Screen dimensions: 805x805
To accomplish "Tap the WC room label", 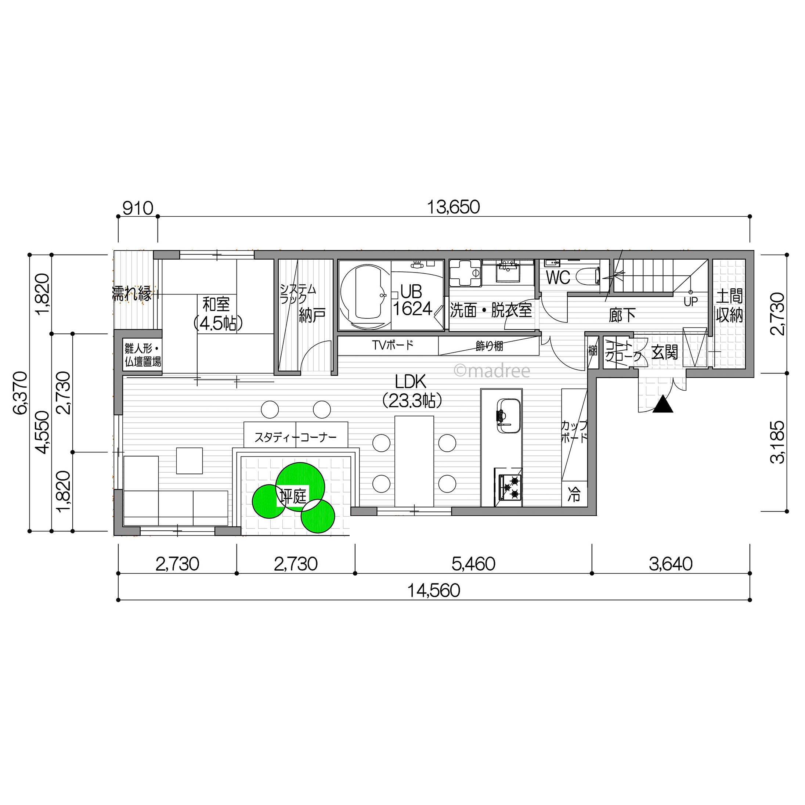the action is [x=558, y=278].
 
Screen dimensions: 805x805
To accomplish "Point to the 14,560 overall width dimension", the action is [x=434, y=591].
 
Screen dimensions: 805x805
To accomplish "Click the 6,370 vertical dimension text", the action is [x=21, y=393].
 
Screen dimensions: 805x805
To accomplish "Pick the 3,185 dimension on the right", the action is [x=777, y=442].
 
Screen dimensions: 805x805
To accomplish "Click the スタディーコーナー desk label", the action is [x=295, y=437].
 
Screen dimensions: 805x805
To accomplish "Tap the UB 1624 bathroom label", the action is [x=412, y=300].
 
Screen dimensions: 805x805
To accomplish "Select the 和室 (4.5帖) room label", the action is [x=216, y=313].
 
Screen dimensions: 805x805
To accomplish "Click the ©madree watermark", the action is [x=492, y=370].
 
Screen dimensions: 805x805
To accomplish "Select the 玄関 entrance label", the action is [x=665, y=353].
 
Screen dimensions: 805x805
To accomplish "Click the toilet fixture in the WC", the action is [x=588, y=276].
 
